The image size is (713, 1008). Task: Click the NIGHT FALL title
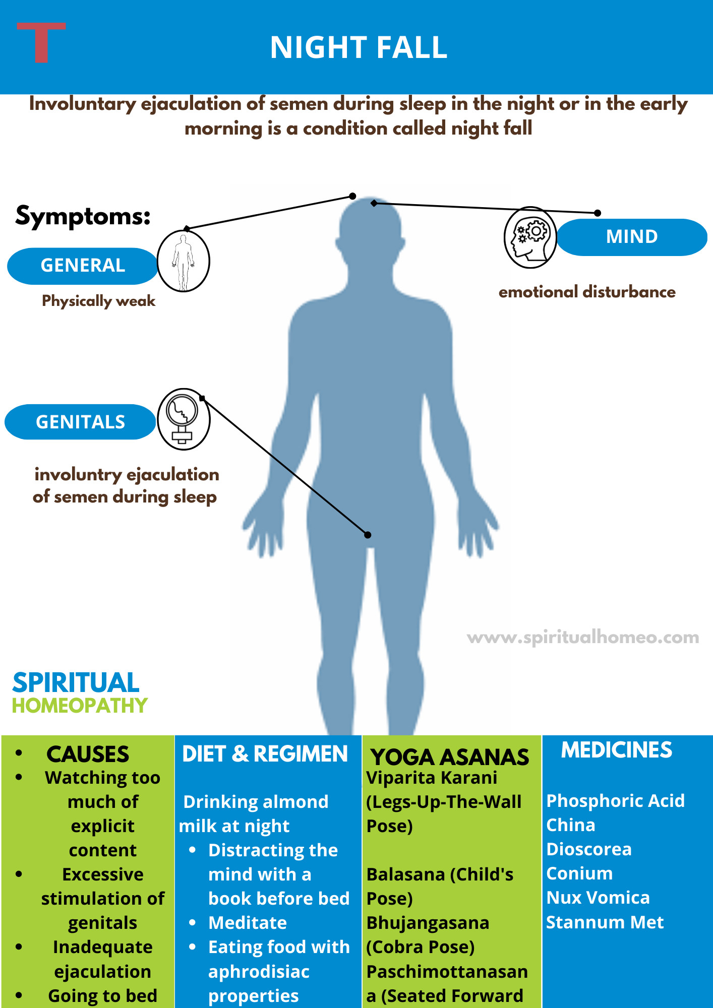pos(359,47)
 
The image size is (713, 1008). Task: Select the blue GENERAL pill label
pos(83,266)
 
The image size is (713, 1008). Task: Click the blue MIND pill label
pos(632,237)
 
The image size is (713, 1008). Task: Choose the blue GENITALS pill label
pos(80,422)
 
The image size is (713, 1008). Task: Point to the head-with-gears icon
pos(530,237)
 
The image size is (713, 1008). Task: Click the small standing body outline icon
pos(183,261)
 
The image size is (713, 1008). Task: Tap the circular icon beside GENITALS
pos(184,419)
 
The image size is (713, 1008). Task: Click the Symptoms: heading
pos(83,216)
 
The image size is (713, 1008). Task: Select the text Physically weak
pos(99,301)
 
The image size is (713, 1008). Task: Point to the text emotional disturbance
pos(587,292)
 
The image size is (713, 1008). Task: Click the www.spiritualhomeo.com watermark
pos(583,638)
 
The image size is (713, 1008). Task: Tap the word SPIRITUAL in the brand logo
pos(76,683)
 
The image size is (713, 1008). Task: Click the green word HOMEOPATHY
pos(80,706)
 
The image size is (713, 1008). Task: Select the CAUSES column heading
pos(88,754)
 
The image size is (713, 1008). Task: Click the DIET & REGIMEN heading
pos(265,754)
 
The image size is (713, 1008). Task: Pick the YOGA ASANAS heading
pos(450,757)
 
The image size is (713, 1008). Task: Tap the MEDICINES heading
pos(616,750)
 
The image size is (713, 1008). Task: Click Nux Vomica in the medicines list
pos(598,898)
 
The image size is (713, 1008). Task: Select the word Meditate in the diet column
pos(248,923)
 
